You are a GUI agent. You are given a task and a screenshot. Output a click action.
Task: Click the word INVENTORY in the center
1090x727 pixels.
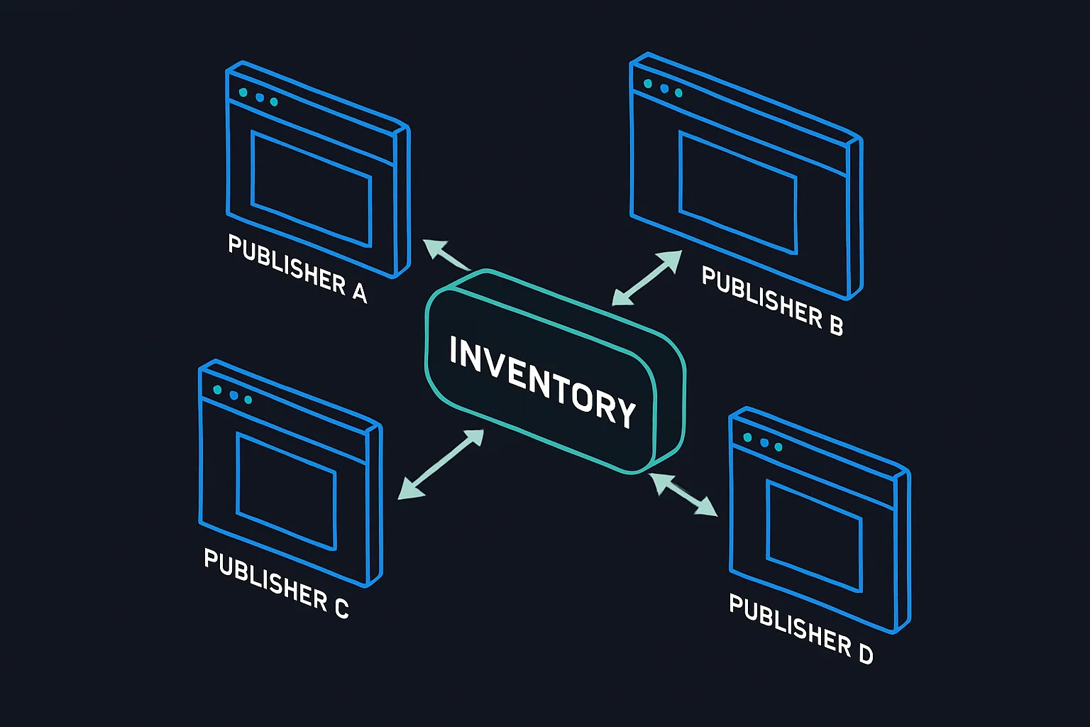pos(543,382)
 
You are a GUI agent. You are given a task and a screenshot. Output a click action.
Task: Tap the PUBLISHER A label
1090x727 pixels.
pos(297,269)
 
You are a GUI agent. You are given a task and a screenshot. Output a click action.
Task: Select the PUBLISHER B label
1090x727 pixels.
pos(772,300)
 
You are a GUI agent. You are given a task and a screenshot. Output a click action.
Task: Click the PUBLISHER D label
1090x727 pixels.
pos(800,628)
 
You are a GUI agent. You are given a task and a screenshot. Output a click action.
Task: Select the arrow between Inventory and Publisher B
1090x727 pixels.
pos(646,278)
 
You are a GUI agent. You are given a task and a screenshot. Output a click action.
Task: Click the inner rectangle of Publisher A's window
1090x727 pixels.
pos(312,188)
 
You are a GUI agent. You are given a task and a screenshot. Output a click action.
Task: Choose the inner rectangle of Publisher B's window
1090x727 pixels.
pos(738,192)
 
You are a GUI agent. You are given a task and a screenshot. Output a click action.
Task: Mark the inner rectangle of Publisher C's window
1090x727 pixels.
pos(286,491)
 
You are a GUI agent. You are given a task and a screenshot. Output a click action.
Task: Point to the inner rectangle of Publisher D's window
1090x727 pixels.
pos(815,535)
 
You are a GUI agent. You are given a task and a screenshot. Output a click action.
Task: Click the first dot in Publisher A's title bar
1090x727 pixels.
pos(243,92)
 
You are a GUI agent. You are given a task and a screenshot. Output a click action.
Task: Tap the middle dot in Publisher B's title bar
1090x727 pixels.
pos(664,88)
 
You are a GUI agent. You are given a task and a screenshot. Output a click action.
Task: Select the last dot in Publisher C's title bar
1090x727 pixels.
pos(248,400)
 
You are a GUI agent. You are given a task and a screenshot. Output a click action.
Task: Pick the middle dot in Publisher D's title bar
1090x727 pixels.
pos(764,442)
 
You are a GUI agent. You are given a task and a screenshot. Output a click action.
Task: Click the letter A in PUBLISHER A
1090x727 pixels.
pos(360,291)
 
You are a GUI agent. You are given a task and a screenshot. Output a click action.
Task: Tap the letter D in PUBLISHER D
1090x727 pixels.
pos(866,652)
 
